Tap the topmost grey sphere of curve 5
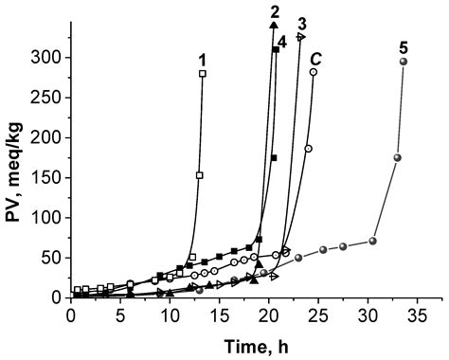(404, 62)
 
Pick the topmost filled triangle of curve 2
(273, 24)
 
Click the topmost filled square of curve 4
(276, 49)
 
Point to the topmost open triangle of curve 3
(301, 37)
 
